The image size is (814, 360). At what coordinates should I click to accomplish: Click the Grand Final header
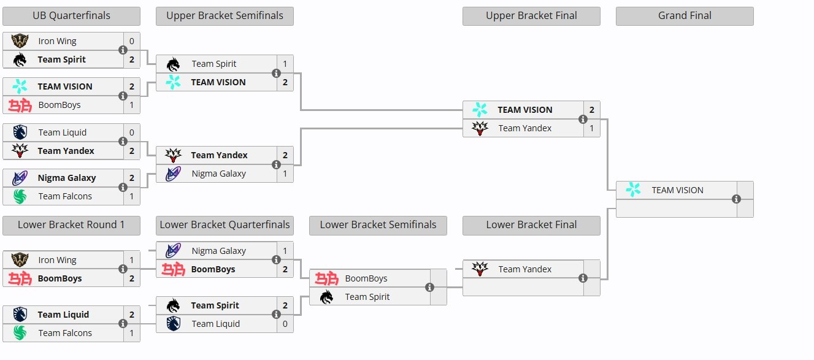pos(685,16)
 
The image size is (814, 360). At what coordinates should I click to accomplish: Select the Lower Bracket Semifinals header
pos(378,225)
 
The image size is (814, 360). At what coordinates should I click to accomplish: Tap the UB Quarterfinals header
pos(71,16)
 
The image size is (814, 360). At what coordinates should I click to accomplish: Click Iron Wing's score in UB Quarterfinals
pos(131,41)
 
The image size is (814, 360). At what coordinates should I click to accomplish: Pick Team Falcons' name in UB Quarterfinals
pos(65,196)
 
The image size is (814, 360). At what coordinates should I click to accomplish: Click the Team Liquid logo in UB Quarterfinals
pos(20,132)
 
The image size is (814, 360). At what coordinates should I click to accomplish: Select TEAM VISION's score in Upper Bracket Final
pos(591,110)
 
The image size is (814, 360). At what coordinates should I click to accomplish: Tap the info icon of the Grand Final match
pos(736,199)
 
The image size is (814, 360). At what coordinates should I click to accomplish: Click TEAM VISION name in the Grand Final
pos(677,190)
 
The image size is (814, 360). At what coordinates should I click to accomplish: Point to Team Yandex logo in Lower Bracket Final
pos(480,269)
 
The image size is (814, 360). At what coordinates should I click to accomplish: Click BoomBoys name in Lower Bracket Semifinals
pos(366,278)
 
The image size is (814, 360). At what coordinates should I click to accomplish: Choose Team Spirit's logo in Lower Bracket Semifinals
pos(327,297)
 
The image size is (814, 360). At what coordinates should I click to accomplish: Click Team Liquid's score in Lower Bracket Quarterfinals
pos(285,324)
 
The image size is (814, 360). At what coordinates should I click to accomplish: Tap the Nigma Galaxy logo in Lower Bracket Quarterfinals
pos(174,251)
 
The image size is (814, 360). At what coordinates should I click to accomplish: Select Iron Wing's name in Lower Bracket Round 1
pos(57,260)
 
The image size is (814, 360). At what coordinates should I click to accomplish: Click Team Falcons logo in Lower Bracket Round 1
pos(20,333)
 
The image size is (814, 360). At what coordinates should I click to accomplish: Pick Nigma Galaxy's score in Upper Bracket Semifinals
pos(285,174)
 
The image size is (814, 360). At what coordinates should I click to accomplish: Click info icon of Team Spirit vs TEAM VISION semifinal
pos(276,73)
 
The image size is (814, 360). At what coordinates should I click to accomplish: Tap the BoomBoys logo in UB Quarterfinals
pos(20,105)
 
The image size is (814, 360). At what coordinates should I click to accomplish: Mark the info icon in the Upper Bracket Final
pos(583,119)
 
